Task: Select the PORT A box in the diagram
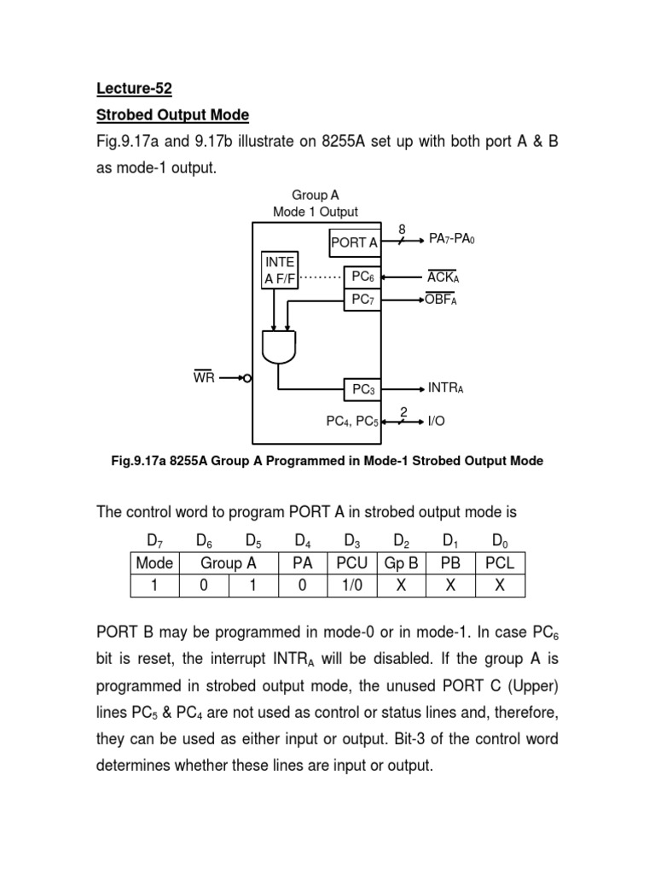click(355, 242)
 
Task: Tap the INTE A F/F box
click(280, 270)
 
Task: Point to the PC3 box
click(364, 389)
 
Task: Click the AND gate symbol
click(279, 347)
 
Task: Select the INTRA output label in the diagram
click(445, 388)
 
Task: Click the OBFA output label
click(442, 300)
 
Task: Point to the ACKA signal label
click(443, 277)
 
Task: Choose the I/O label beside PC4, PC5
click(437, 420)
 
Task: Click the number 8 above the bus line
click(403, 229)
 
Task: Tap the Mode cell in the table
click(154, 563)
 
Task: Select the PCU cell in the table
click(351, 563)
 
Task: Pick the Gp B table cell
click(400, 563)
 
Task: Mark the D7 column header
click(154, 540)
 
